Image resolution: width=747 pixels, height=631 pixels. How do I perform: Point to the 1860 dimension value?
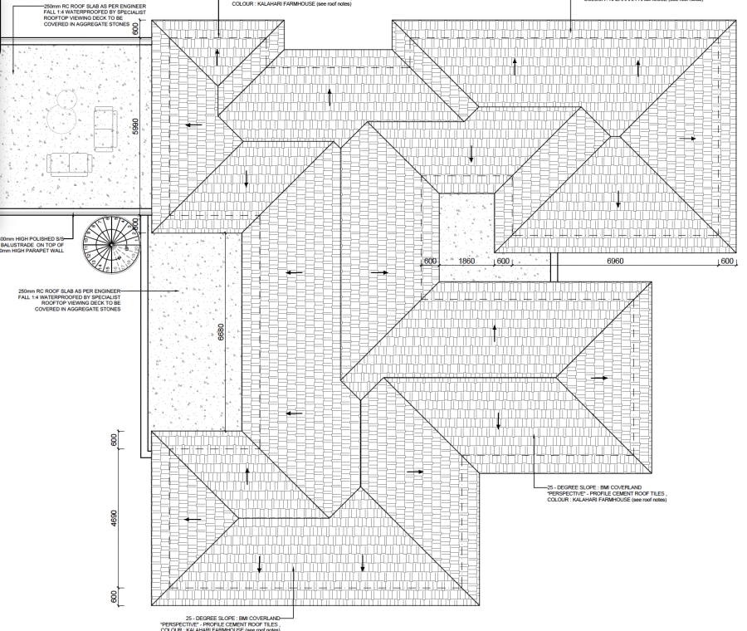click(x=466, y=261)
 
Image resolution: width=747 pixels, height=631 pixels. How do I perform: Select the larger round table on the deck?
click(x=61, y=121)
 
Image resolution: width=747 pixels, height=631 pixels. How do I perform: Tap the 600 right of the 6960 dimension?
click(x=728, y=261)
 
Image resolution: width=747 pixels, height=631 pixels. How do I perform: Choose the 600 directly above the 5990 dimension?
click(x=146, y=28)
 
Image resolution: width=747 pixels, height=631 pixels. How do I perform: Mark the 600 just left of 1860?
click(x=430, y=261)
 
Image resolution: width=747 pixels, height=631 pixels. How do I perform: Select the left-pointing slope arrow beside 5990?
click(x=193, y=125)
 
